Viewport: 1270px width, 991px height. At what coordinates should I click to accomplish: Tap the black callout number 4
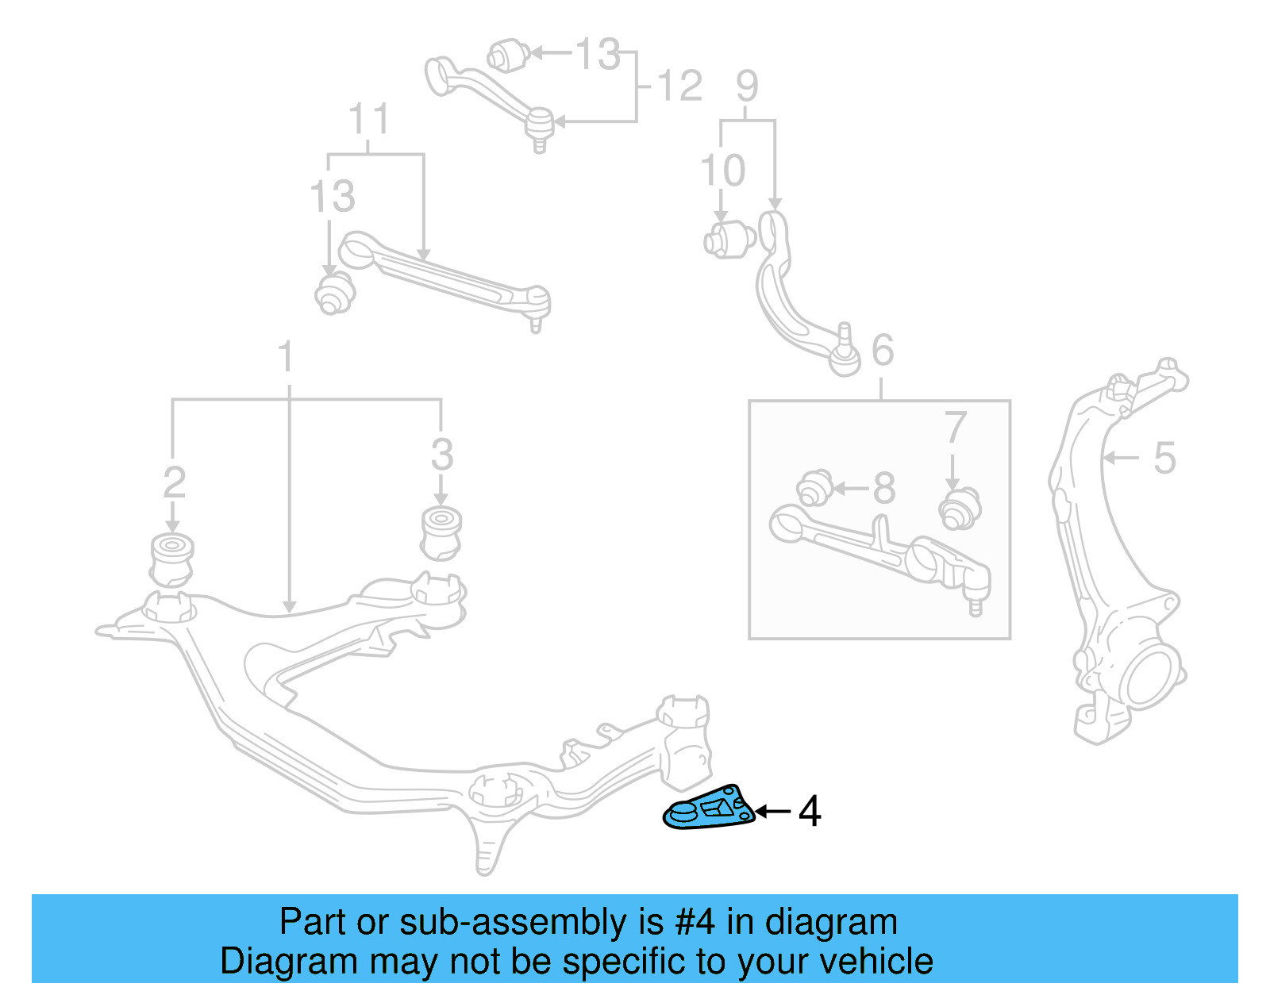tap(809, 812)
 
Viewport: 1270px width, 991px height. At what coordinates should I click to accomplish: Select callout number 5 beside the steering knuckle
tap(1164, 458)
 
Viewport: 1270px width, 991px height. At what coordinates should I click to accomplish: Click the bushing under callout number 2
tap(171, 559)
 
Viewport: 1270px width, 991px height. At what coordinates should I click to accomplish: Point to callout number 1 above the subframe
tap(286, 358)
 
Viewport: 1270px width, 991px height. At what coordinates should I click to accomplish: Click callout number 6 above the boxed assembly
tap(883, 350)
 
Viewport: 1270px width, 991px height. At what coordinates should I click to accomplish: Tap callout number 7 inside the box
tap(955, 428)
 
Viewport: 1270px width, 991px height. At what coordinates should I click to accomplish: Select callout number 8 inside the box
tap(883, 488)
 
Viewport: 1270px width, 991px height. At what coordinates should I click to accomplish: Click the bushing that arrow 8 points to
tap(814, 487)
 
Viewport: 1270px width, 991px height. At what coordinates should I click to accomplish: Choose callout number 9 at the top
tap(747, 86)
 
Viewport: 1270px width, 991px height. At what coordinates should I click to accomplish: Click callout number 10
tap(722, 171)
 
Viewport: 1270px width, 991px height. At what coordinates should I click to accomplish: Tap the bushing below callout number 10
tap(729, 240)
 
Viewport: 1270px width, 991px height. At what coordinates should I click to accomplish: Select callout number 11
tap(368, 120)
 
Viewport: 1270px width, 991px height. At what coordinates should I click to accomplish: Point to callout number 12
tap(679, 86)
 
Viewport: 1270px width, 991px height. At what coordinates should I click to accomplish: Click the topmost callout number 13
tap(597, 55)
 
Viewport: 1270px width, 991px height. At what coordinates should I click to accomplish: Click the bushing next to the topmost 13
tap(508, 54)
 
